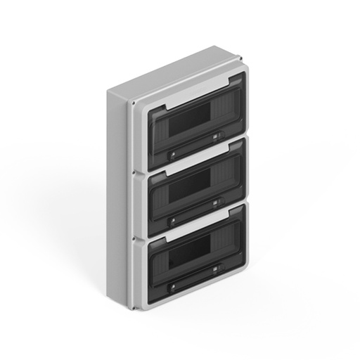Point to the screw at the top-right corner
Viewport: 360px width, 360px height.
pos(240,59)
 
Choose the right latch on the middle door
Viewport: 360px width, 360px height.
pos(215,203)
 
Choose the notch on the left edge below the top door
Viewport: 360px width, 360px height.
pos(141,169)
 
